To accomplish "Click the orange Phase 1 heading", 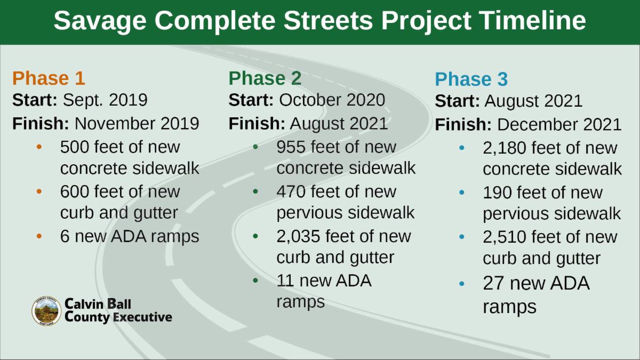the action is click(49, 78).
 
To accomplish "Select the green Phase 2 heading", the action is click(265, 78).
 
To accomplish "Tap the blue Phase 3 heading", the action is click(471, 79).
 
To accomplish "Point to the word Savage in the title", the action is click(100, 21).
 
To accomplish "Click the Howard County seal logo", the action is click(46, 311).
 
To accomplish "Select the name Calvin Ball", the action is click(98, 303).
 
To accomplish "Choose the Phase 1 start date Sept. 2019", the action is click(105, 100).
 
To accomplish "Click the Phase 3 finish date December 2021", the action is click(559, 125).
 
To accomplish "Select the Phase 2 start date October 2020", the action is click(332, 100).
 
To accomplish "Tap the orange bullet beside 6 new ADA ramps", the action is click(39, 236).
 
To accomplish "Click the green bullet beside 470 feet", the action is click(255, 191).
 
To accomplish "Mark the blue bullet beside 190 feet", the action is click(462, 193).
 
